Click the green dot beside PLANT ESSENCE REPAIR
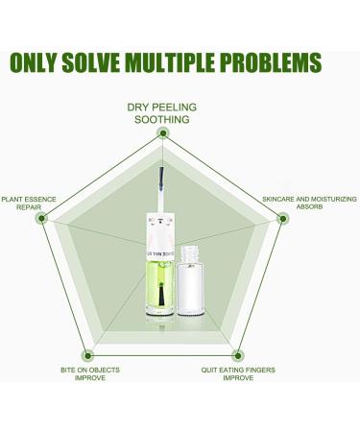pyautogui.click(x=40, y=218)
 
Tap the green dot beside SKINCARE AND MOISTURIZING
pyautogui.click(x=282, y=218)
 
